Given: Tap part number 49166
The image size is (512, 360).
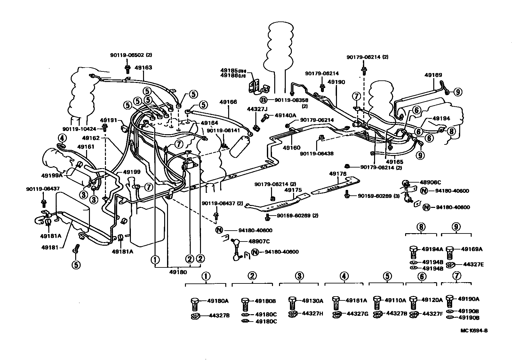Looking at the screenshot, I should [x=228, y=102].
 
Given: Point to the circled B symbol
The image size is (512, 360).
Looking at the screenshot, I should [x=263, y=100].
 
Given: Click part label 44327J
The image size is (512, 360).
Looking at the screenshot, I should [x=255, y=109].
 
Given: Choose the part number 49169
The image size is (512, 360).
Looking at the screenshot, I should [x=433, y=75].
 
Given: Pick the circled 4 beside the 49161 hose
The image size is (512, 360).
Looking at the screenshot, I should [x=62, y=138].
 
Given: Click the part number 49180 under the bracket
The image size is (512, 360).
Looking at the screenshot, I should [x=178, y=272].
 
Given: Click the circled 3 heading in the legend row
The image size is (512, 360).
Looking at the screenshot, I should [x=299, y=276].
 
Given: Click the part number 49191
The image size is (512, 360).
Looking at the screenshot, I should [x=108, y=120].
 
